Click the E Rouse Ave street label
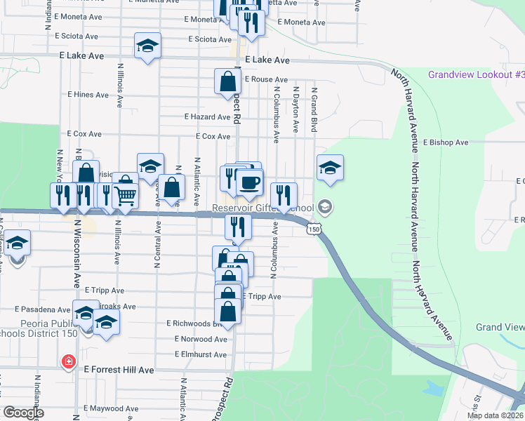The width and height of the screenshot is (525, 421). [x=266, y=80]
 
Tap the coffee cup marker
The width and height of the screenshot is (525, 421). [x=248, y=183]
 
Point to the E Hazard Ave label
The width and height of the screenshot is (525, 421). [x=207, y=117]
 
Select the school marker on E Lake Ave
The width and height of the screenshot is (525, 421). [x=147, y=46]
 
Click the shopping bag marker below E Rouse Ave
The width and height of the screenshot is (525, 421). [x=228, y=81]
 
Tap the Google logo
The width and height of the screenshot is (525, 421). [x=22, y=413]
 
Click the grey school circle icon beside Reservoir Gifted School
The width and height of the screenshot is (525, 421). [x=324, y=206]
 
